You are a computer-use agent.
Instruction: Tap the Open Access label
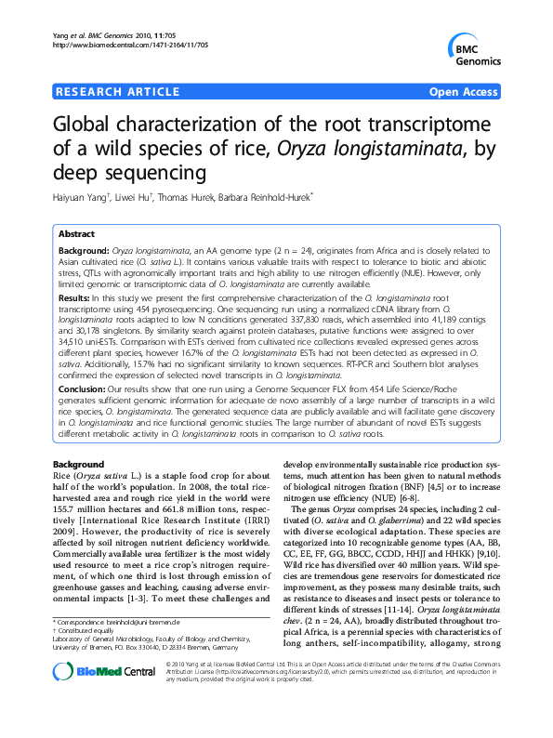[464, 92]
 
